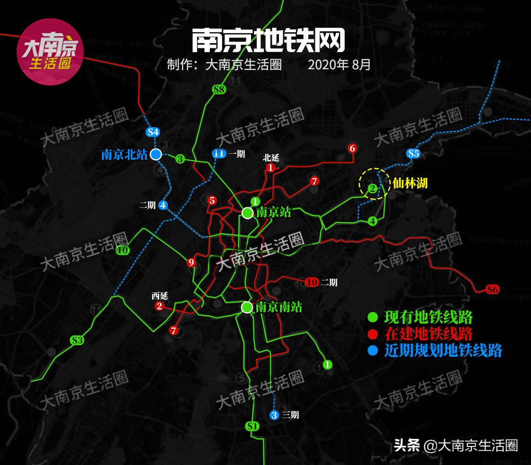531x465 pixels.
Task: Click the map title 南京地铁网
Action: pyautogui.click(x=268, y=41)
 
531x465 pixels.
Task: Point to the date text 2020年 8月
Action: pyautogui.click(x=339, y=65)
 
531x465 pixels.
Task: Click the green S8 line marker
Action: pyautogui.click(x=219, y=89)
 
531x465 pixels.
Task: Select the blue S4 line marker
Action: pyautogui.click(x=153, y=132)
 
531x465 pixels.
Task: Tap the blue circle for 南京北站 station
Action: pyautogui.click(x=156, y=154)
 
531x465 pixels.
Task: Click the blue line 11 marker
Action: pyautogui.click(x=218, y=153)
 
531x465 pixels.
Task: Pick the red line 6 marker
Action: pyautogui.click(x=351, y=148)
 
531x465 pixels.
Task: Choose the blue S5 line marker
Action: pyautogui.click(x=413, y=153)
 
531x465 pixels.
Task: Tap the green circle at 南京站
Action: pyautogui.click(x=247, y=213)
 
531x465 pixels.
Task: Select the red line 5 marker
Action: pyautogui.click(x=212, y=200)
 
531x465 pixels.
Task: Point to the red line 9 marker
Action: pyautogui.click(x=191, y=262)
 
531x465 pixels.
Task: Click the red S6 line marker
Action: pyautogui.click(x=493, y=289)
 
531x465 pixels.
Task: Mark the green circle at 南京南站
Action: pyautogui.click(x=247, y=307)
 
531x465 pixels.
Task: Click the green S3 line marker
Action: pyautogui.click(x=77, y=340)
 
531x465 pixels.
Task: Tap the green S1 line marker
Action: pyautogui.click(x=253, y=426)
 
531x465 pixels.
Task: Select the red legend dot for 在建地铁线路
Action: pyautogui.click(x=373, y=334)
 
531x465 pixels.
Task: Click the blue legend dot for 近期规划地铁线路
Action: pyautogui.click(x=373, y=351)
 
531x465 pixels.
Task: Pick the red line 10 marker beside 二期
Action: pyautogui.click(x=312, y=282)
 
